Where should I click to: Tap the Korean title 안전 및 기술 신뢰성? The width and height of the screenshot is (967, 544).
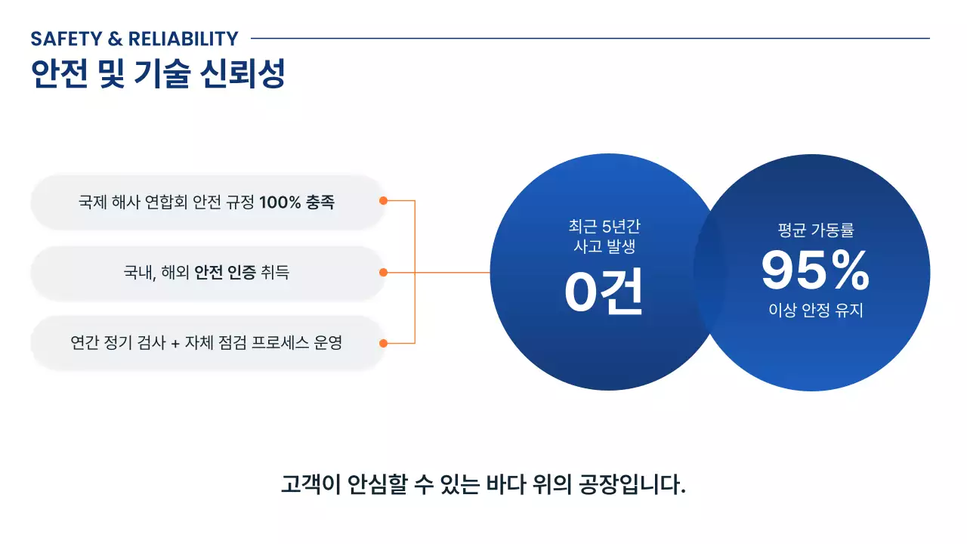[158, 73]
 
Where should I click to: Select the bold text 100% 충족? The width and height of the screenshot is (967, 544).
[297, 202]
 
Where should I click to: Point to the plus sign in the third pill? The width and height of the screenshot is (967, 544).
[175, 343]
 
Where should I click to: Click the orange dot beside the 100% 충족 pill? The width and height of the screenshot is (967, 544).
[383, 201]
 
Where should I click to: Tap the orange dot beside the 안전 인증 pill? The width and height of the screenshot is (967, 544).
[383, 272]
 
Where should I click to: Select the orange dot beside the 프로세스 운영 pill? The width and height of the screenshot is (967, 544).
[383, 343]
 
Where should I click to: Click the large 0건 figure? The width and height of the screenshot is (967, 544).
[604, 292]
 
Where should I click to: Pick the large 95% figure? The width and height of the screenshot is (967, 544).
[815, 270]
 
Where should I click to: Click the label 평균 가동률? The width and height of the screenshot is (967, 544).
[815, 230]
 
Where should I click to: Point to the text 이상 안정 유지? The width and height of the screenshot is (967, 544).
[815, 310]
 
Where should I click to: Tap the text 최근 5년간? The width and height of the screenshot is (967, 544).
[604, 226]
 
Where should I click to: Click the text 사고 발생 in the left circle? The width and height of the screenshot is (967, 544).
[604, 246]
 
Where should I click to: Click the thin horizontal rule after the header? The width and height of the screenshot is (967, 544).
[589, 38]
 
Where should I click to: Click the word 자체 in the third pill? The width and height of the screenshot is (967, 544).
[202, 343]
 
